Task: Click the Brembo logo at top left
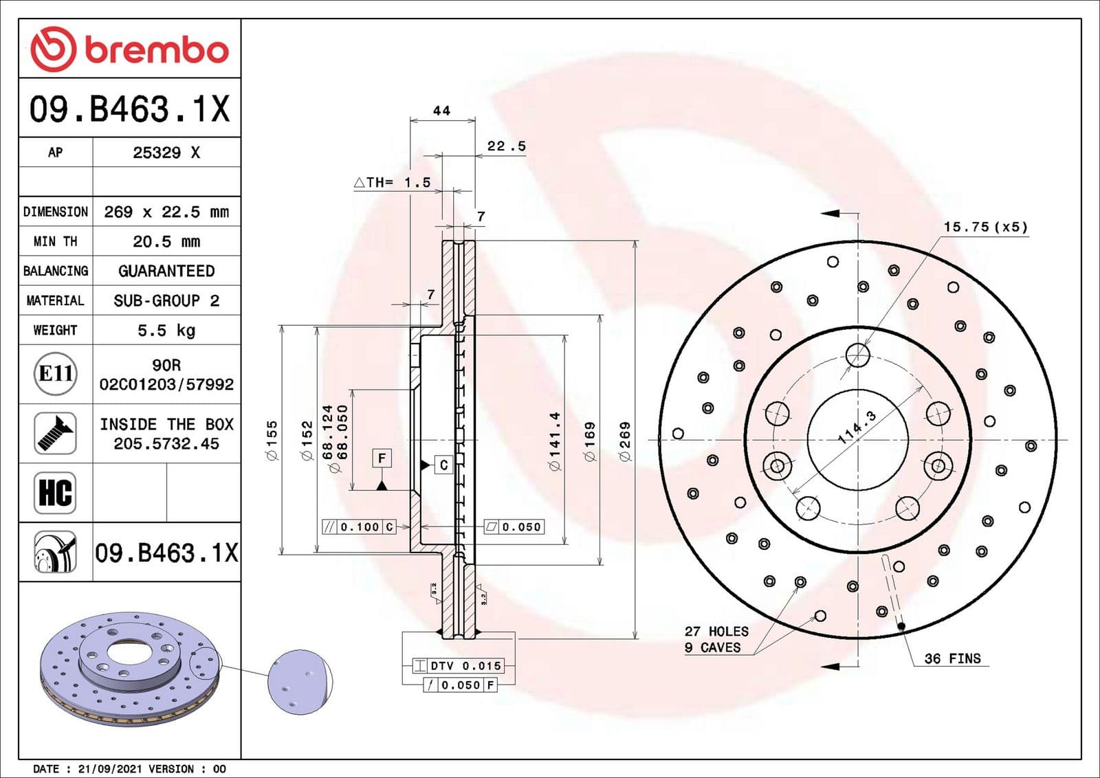coord(129,49)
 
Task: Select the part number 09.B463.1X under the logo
coord(129,109)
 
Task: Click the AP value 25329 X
coord(166,153)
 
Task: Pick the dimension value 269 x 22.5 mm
coord(166,212)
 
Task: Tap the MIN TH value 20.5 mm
coord(166,241)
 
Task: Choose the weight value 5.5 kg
coord(166,330)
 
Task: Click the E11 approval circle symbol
coord(55,374)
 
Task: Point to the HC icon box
coord(55,492)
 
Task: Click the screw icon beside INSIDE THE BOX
coord(55,433)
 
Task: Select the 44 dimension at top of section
coord(441,111)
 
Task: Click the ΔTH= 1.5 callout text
coord(392,182)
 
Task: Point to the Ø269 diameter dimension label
coord(625,441)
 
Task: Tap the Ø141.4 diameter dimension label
coord(555,441)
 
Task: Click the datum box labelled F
coord(382,458)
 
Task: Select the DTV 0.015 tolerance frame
coord(459,665)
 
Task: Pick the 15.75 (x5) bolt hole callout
coord(984,227)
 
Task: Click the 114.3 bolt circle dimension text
coord(857,427)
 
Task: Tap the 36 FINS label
coord(952,658)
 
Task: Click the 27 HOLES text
coord(716,631)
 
